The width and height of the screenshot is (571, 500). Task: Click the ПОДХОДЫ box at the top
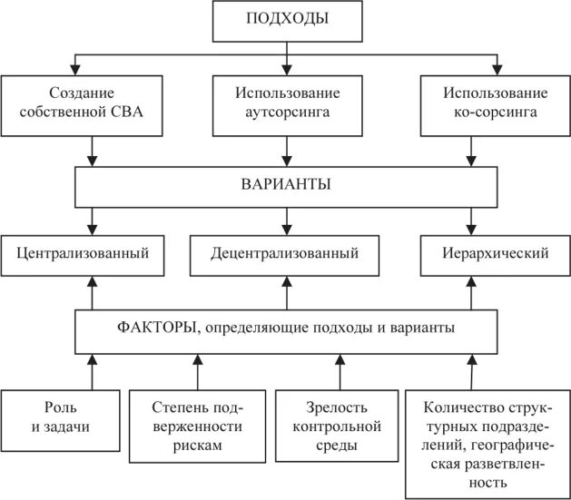pyautogui.click(x=288, y=20)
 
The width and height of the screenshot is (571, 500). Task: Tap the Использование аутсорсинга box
pyautogui.click(x=288, y=103)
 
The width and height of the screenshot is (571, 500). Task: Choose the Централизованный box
pyautogui.click(x=83, y=253)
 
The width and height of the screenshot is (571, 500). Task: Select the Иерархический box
pyautogui.click(x=496, y=253)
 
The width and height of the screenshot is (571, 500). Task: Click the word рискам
pyautogui.click(x=198, y=446)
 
